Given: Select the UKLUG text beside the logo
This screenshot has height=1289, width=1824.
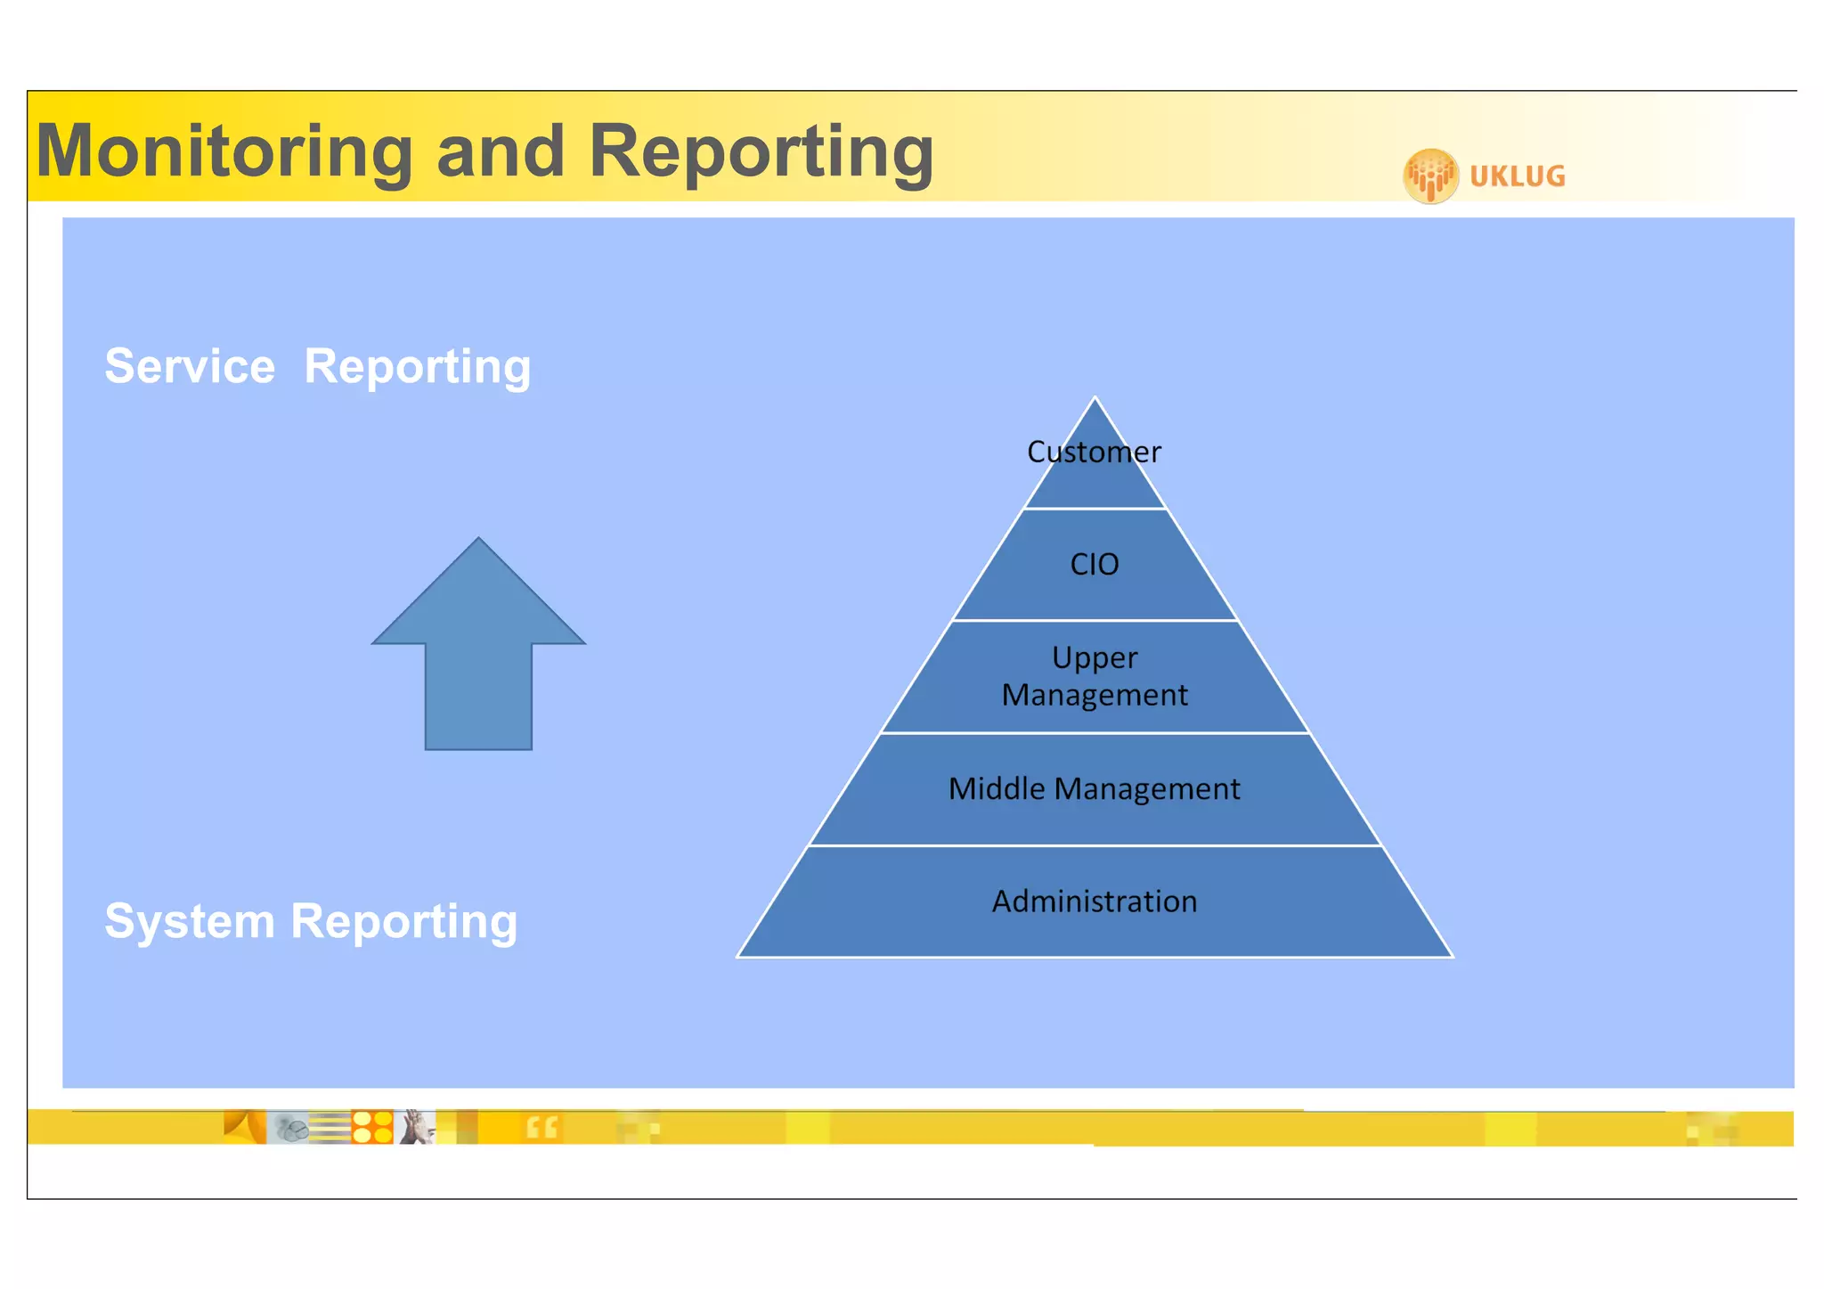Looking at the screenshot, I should [1517, 176].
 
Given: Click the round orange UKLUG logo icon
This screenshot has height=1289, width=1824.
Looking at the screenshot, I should [1430, 175].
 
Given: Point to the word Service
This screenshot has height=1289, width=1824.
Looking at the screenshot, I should [190, 366].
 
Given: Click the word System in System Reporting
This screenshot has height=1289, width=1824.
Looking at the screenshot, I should [190, 921].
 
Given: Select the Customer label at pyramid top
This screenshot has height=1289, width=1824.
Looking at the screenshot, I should [1094, 453].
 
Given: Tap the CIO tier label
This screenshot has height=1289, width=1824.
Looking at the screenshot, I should [1094, 564].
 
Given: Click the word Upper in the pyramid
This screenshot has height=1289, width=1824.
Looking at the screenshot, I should [1095, 657].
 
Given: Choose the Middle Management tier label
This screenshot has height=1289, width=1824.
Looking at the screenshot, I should [1094, 789].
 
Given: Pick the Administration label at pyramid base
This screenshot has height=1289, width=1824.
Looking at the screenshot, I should [1095, 901].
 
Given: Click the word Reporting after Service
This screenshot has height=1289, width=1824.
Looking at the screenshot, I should [417, 366].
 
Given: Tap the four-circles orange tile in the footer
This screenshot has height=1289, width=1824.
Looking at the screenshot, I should [372, 1127].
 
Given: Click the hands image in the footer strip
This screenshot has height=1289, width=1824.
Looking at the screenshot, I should [415, 1127].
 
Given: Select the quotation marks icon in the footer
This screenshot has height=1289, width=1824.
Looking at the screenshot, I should [541, 1128].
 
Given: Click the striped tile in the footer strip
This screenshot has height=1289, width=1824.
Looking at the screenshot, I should [330, 1128].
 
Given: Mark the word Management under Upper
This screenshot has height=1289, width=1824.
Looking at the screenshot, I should [1095, 695].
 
